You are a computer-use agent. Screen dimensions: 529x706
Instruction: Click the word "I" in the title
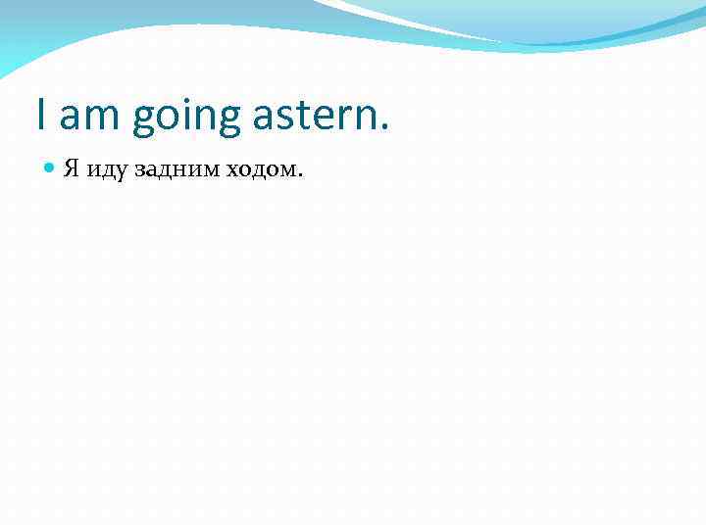tap(41, 116)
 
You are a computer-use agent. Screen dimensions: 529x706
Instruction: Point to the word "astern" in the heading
tap(314, 118)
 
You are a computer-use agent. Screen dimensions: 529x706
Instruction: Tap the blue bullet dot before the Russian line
tap(51, 168)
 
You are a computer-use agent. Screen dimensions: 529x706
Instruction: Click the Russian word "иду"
tap(102, 171)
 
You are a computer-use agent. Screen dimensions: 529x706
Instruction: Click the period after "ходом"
tap(301, 176)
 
